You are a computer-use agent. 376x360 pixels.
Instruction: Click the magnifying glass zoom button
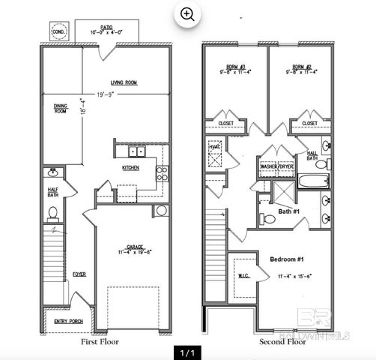[x=188, y=13]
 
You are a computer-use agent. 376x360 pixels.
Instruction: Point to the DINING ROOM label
[x=61, y=109]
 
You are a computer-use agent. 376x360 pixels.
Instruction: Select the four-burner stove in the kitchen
[x=161, y=175]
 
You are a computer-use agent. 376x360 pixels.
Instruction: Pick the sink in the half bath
[x=53, y=176]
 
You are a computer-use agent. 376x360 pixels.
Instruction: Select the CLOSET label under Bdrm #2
[x=309, y=123]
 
